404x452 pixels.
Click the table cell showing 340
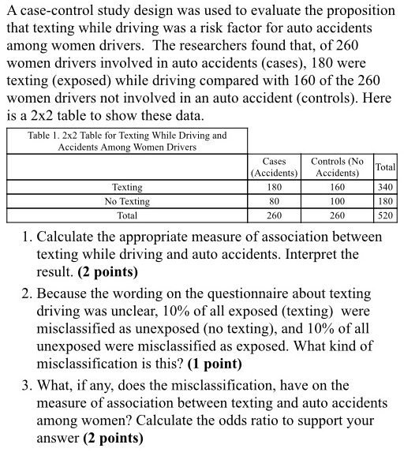[386, 188]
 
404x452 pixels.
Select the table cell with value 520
[386, 215]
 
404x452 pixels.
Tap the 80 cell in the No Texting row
[274, 201]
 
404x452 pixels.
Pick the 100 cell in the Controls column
[338, 201]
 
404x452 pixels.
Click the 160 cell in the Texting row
[338, 188]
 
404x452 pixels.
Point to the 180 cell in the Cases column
[274, 188]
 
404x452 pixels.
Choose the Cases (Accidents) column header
[274, 166]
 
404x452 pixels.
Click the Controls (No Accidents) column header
[338, 166]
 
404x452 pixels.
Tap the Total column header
[386, 167]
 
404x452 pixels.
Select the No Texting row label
[127, 201]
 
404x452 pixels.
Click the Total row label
[127, 215]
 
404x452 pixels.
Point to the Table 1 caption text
[127, 141]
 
